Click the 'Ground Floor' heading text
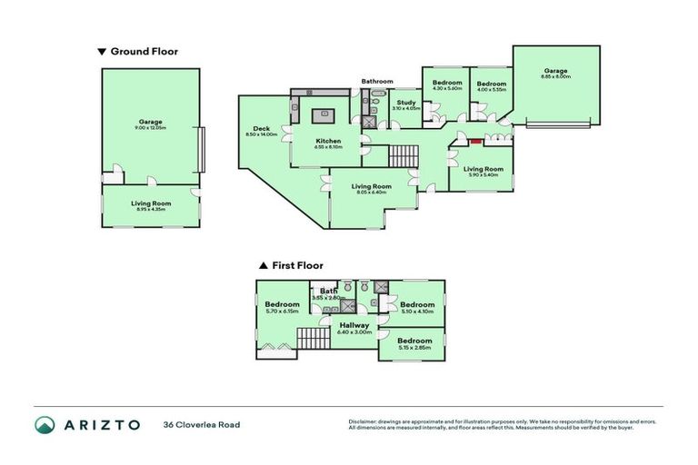pyautogui.click(x=144, y=52)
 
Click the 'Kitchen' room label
pyautogui.click(x=328, y=141)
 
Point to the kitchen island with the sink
pyautogui.click(x=323, y=114)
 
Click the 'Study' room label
pyautogui.click(x=406, y=102)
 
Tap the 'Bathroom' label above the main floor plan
pyautogui.click(x=376, y=82)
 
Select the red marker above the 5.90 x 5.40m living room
pyautogui.click(x=474, y=141)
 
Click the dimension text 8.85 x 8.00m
pyautogui.click(x=556, y=77)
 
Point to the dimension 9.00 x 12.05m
pyautogui.click(x=151, y=127)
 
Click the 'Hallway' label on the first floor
pyautogui.click(x=354, y=325)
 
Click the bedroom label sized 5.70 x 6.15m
pyautogui.click(x=282, y=304)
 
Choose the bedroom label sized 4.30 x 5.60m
pyautogui.click(x=447, y=83)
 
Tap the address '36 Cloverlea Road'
pyautogui.click(x=201, y=424)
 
